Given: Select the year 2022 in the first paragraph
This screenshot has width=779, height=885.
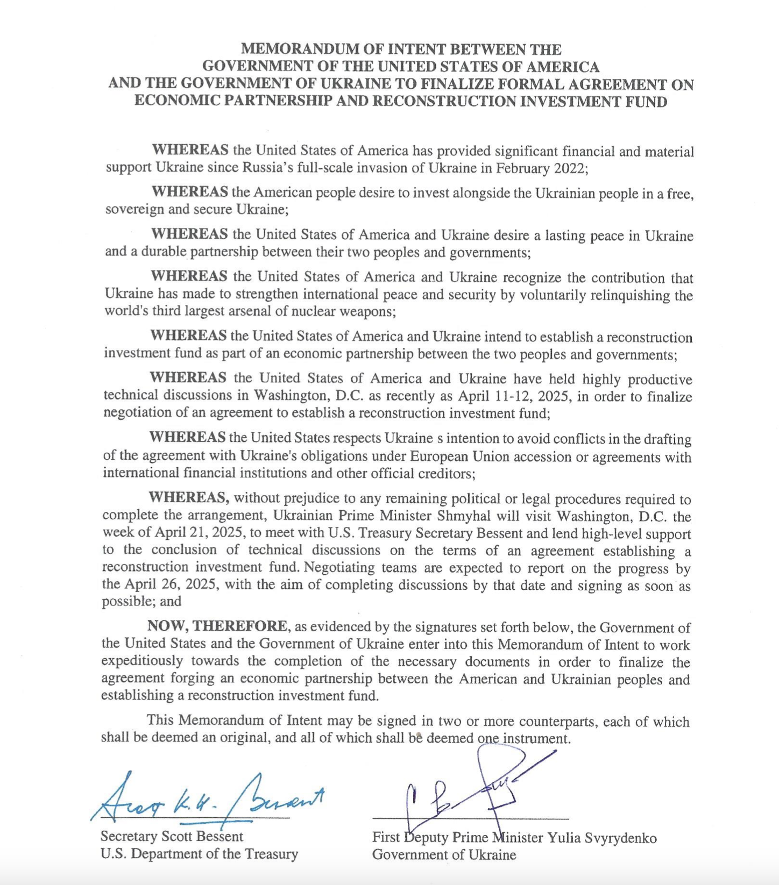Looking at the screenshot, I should point(569,168).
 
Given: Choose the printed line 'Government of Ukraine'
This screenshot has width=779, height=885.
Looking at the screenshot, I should point(444,854).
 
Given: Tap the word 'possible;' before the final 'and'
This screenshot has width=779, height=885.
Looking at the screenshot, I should point(129,601).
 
